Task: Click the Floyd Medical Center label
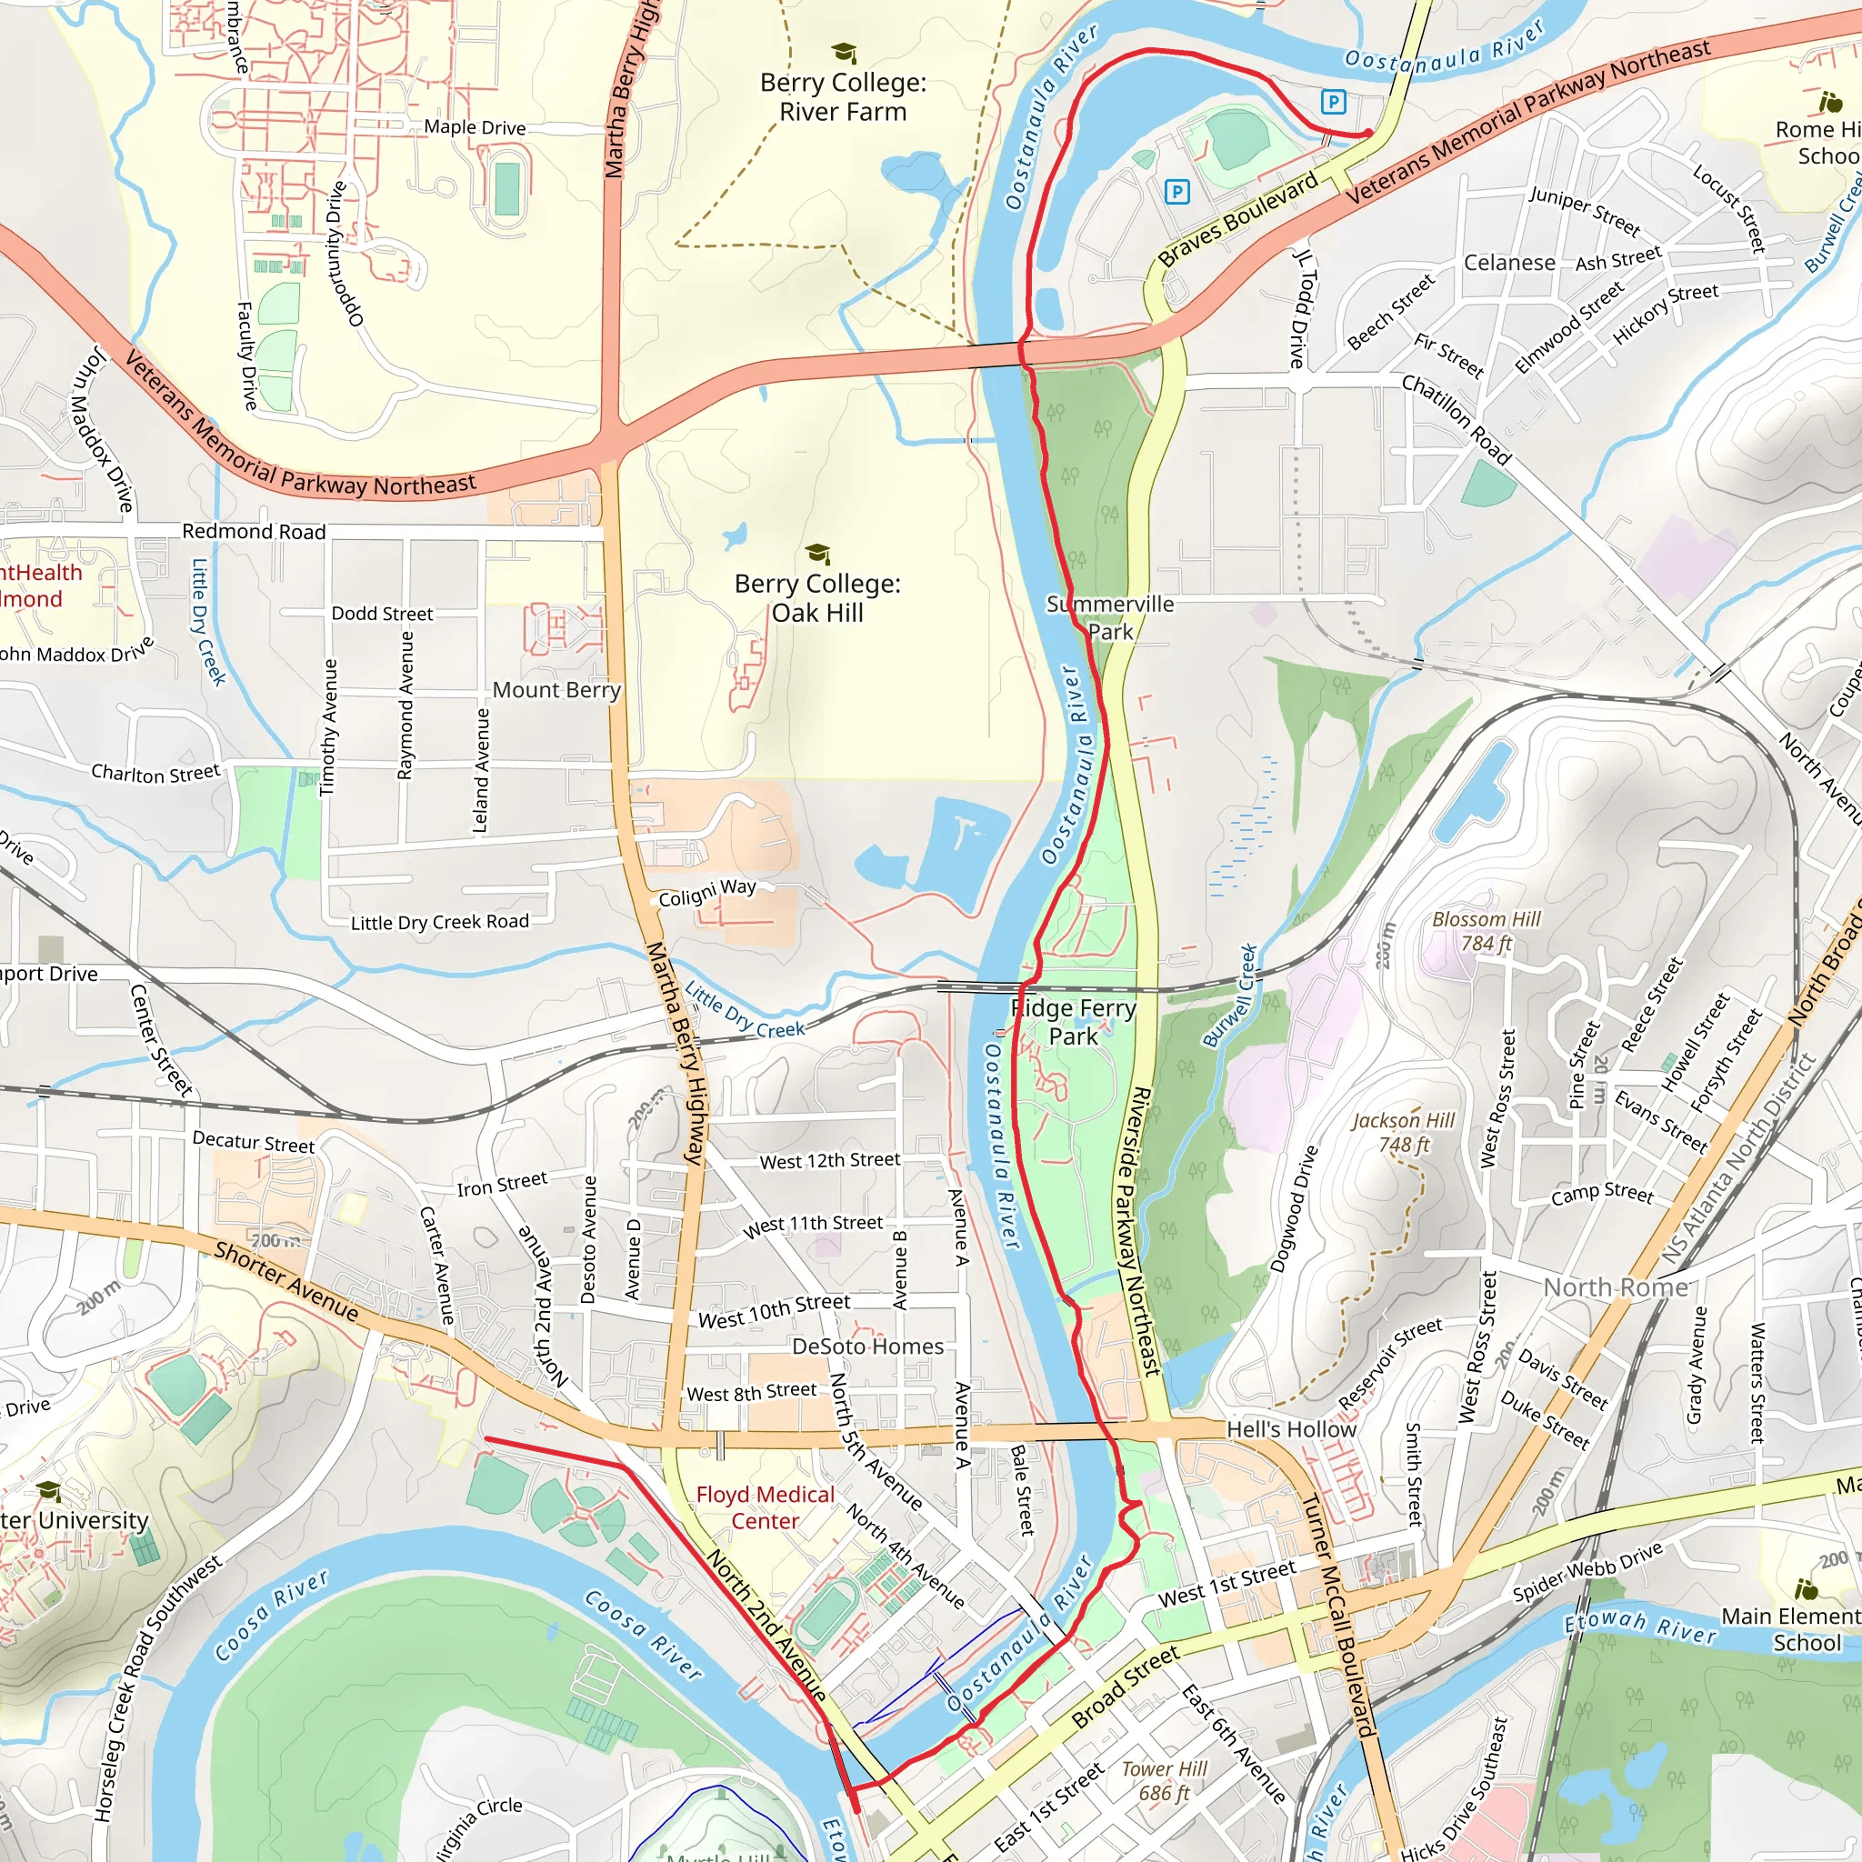pyautogui.click(x=766, y=1507)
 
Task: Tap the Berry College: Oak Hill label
pyautogui.click(x=817, y=598)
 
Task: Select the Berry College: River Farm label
pyautogui.click(x=844, y=97)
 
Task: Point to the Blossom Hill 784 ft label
pyautogui.click(x=1487, y=931)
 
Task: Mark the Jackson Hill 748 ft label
pyautogui.click(x=1402, y=1133)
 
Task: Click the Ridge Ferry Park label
pyautogui.click(x=1074, y=1023)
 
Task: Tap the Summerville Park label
pyautogui.click(x=1110, y=617)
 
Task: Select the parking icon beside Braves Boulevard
pyautogui.click(x=1176, y=192)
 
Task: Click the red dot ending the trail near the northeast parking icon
pyautogui.click(x=1367, y=134)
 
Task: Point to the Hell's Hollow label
pyautogui.click(x=1290, y=1429)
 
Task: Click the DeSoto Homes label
pyautogui.click(x=867, y=1346)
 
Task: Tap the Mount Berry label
pyautogui.click(x=556, y=690)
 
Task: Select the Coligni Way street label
pyautogui.click(x=706, y=893)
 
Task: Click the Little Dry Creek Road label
pyautogui.click(x=439, y=922)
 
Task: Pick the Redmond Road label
pyautogui.click(x=254, y=532)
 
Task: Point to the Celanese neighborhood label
pyautogui.click(x=1509, y=263)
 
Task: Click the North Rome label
pyautogui.click(x=1616, y=1287)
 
